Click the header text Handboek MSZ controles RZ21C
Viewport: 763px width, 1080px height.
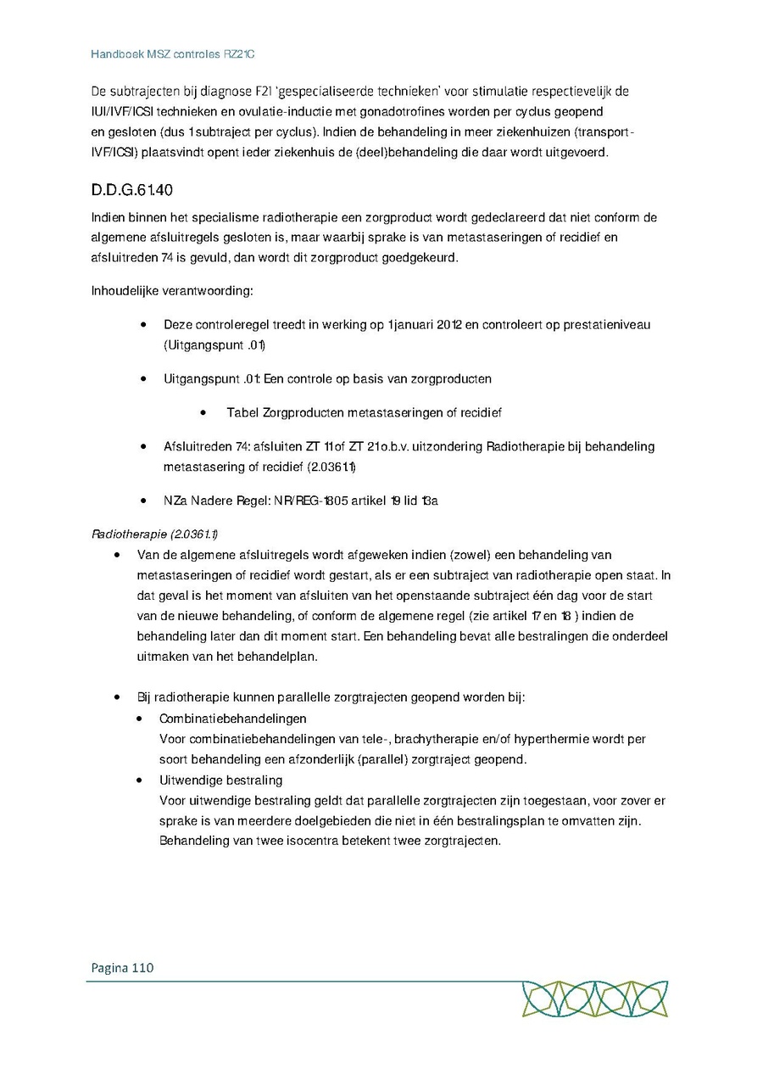coord(173,54)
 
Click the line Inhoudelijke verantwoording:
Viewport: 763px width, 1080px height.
coord(172,291)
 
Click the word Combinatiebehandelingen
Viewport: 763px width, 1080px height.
coord(221,719)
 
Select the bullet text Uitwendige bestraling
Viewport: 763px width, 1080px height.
coord(220,780)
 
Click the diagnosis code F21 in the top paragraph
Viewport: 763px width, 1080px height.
coord(255,92)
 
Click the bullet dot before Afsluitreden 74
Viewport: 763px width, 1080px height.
coord(145,446)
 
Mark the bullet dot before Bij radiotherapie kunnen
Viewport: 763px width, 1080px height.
coord(118,697)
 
